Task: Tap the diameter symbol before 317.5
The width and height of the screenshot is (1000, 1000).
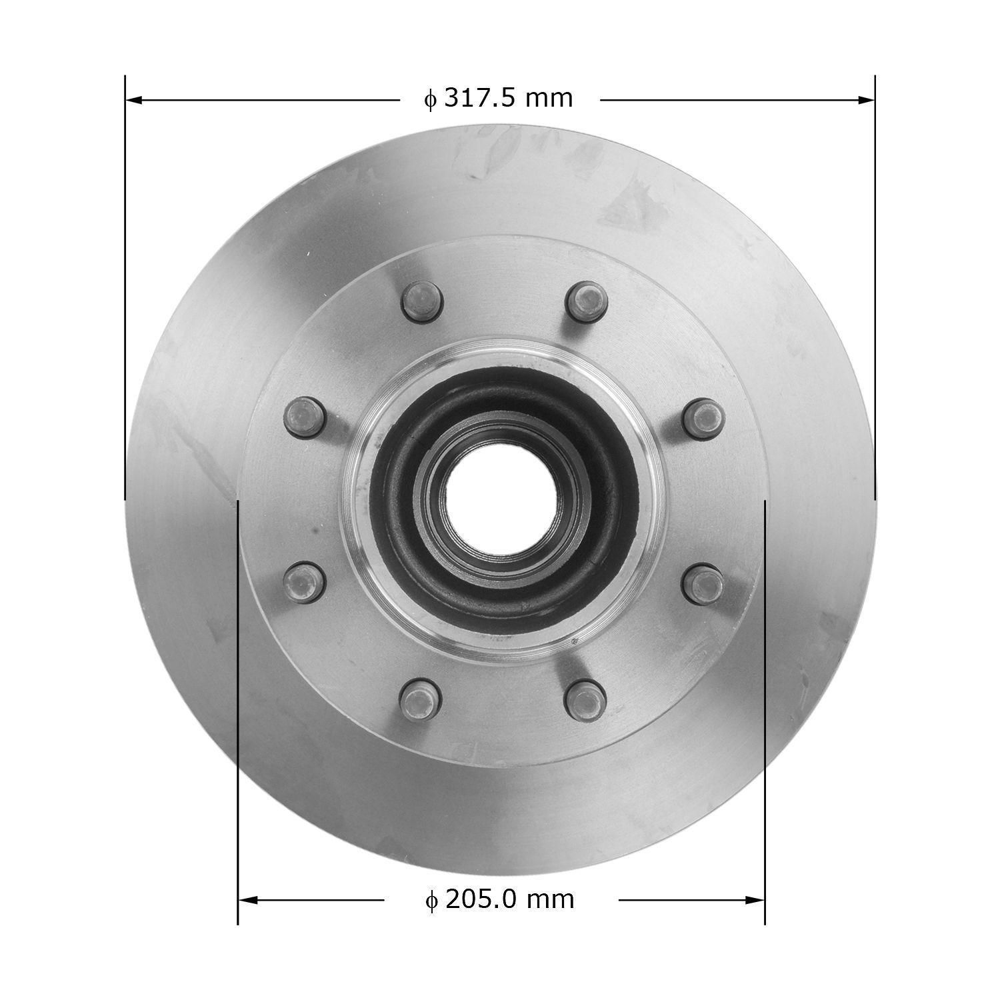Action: click(x=431, y=99)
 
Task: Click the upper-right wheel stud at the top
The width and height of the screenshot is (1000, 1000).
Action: click(x=585, y=298)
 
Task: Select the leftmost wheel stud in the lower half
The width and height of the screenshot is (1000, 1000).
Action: click(x=303, y=579)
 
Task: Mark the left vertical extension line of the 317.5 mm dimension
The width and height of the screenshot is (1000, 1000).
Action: click(x=125, y=287)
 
